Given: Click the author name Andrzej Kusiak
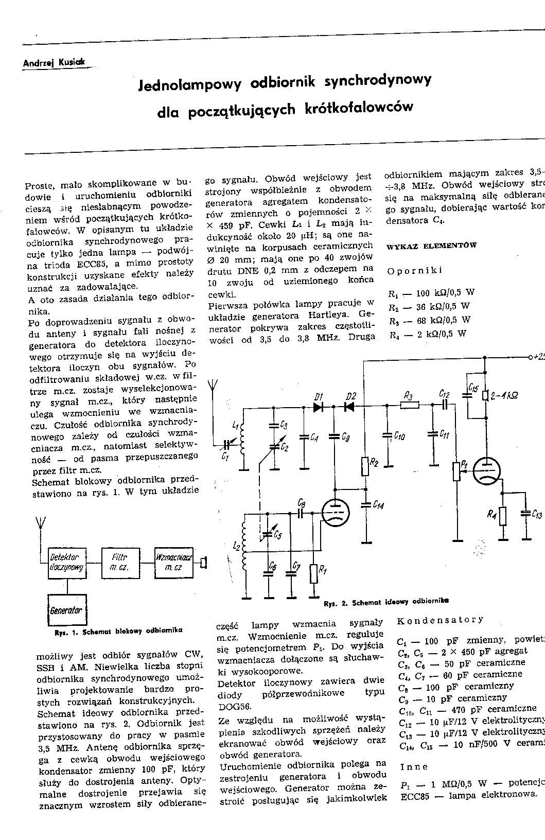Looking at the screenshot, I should point(56,63).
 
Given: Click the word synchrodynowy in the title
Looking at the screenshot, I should point(378,81).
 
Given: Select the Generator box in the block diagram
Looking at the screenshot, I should point(66,610).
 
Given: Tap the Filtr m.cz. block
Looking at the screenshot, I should point(118,562).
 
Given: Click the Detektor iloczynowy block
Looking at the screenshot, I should point(67,562).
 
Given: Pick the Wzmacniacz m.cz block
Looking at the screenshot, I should point(174,562).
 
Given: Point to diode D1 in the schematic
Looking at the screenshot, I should point(318,406).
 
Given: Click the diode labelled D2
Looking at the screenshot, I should point(349,406).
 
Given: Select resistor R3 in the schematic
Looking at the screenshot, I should point(410,406).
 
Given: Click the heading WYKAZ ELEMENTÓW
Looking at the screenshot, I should point(431,246).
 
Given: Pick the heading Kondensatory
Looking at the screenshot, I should point(440,620).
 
